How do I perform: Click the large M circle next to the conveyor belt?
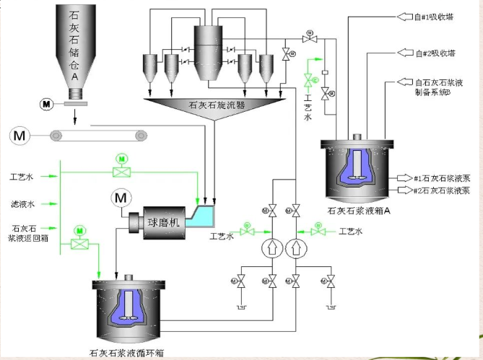[19, 134]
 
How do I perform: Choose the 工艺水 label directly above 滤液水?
[21, 176]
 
